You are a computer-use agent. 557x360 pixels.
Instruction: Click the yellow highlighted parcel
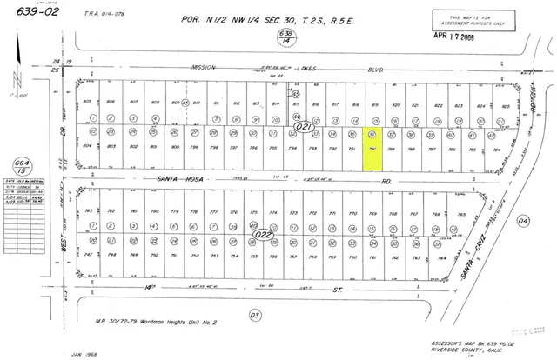(372, 141)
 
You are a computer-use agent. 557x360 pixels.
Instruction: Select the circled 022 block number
(262, 234)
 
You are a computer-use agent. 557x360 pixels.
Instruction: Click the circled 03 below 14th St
(254, 314)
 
